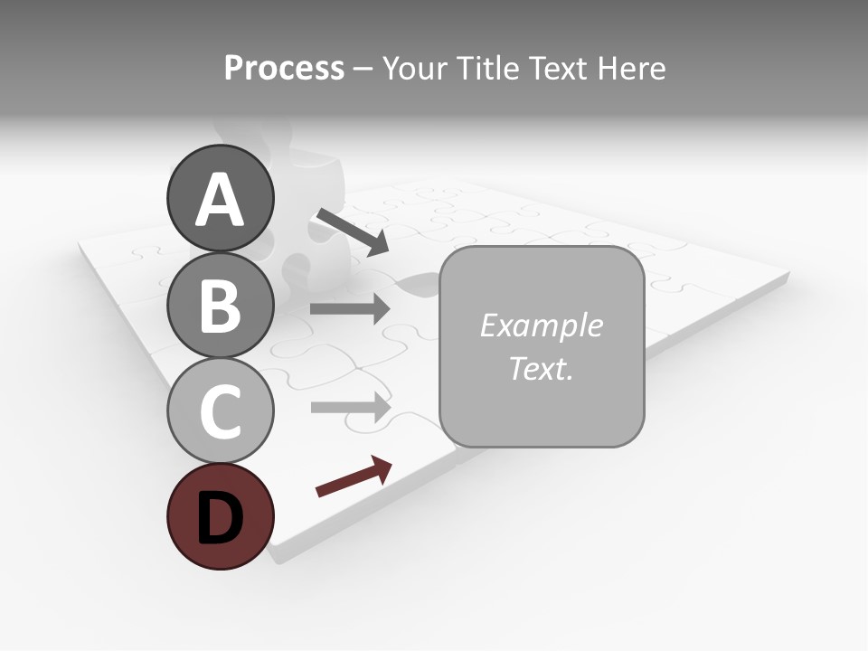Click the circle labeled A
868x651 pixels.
tap(221, 198)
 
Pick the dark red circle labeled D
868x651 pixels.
tap(221, 516)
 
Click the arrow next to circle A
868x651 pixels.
tap(352, 231)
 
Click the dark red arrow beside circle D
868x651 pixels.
tap(354, 476)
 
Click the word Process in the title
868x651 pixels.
tap(284, 69)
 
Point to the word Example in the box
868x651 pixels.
tap(541, 325)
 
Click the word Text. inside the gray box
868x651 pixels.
tap(541, 368)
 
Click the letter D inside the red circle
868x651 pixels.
tap(221, 518)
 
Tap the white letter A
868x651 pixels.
tap(221, 200)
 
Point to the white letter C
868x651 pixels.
tap(221, 411)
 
